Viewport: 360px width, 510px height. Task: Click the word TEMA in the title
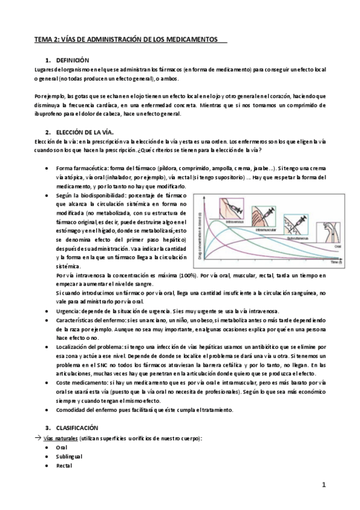click(43, 39)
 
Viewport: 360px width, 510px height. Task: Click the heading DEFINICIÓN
click(72, 61)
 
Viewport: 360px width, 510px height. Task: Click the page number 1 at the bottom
click(323, 485)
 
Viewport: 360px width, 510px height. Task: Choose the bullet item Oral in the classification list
click(62, 447)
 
